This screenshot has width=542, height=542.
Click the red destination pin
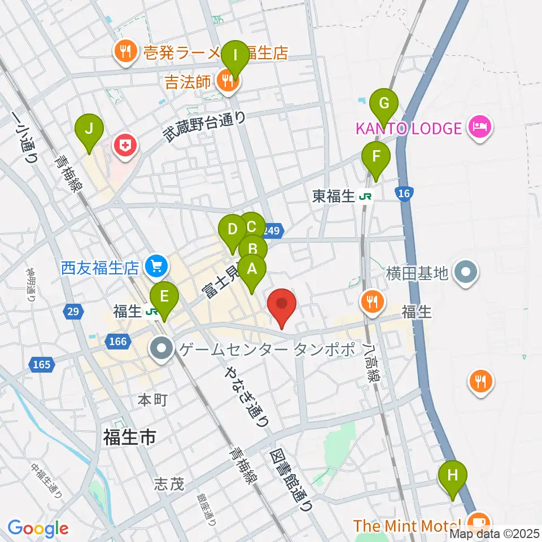click(x=282, y=307)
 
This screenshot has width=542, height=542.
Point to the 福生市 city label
click(x=129, y=438)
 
